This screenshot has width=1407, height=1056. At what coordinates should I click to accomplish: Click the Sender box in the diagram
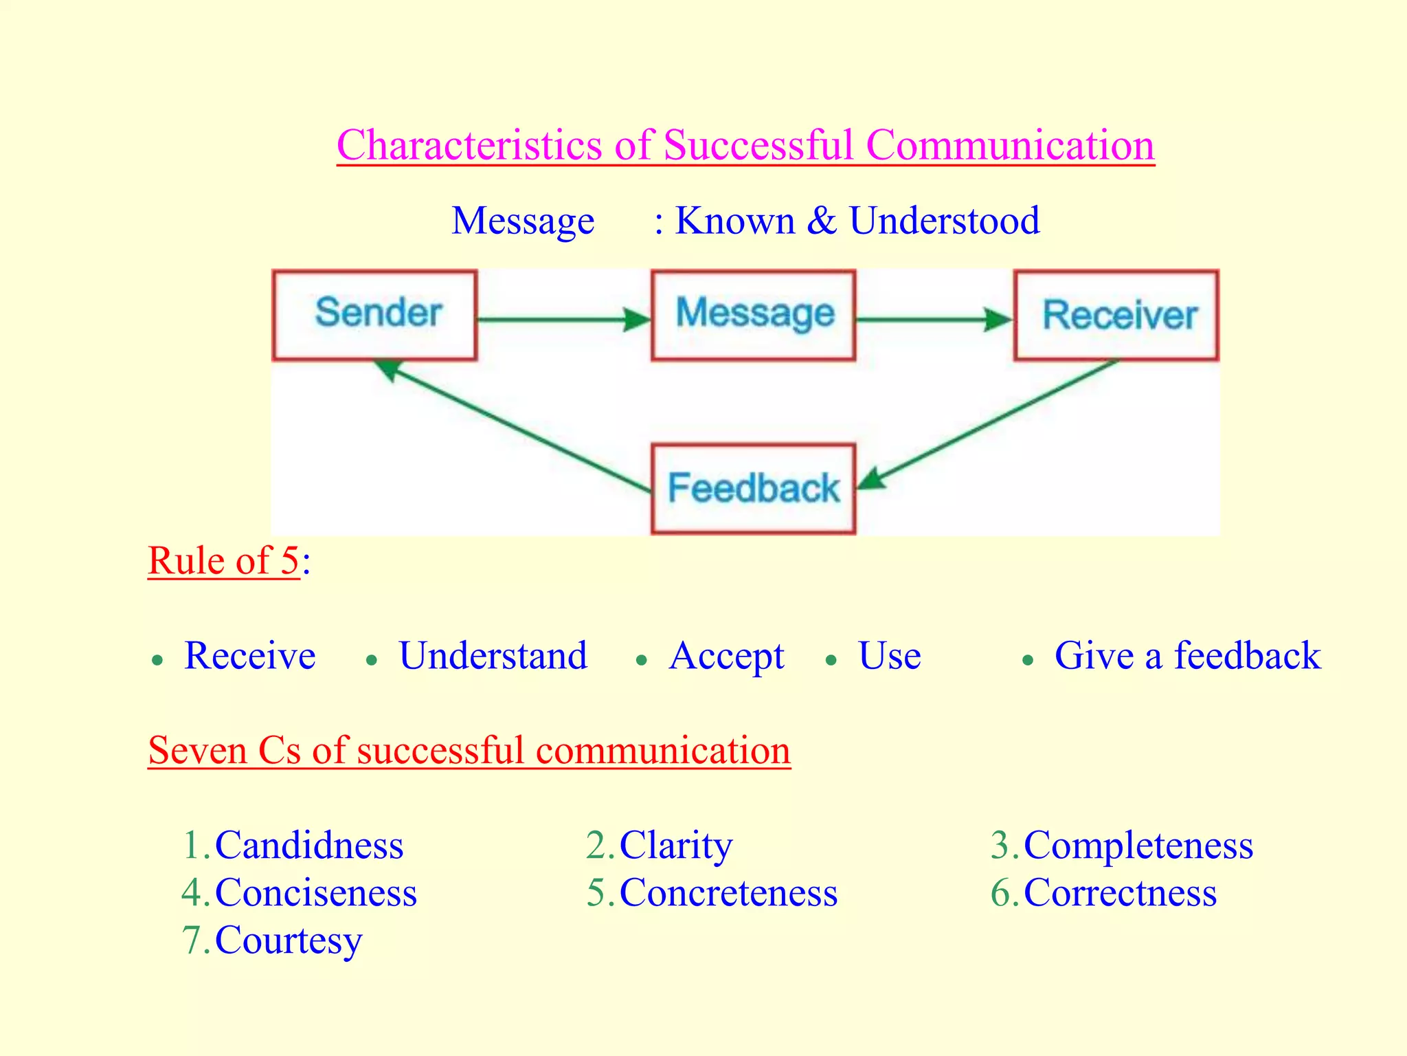point(375,315)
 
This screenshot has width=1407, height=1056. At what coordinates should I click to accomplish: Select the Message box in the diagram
point(754,315)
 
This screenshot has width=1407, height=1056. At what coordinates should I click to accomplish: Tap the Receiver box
point(1116,315)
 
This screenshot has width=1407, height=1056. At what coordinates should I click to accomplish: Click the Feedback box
point(754,489)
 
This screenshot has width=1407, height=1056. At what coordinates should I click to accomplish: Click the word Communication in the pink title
point(1010,145)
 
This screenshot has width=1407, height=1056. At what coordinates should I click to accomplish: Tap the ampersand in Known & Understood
point(822,221)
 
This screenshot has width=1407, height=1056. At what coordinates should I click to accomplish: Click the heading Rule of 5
point(224,560)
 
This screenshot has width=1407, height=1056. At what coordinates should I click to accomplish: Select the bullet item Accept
point(727,656)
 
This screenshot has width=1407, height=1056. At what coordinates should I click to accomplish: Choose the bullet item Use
point(889,656)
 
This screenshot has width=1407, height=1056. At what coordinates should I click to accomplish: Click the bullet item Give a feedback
point(1186,656)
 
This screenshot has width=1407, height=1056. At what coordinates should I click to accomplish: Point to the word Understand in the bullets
point(493,656)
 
